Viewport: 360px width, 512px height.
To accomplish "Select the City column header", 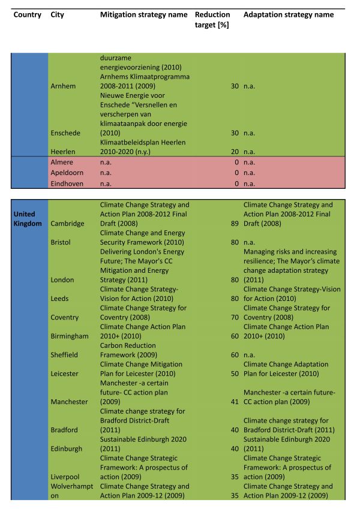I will tap(58, 14).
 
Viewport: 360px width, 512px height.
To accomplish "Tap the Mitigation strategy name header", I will tap(144, 14).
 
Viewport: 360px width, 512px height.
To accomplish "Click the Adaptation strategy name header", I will tap(289, 14).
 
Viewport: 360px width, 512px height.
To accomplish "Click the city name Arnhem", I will tap(64, 86).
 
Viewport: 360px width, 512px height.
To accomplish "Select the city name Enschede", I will tap(67, 133).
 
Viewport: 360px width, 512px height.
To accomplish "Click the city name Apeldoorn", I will tap(68, 173).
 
